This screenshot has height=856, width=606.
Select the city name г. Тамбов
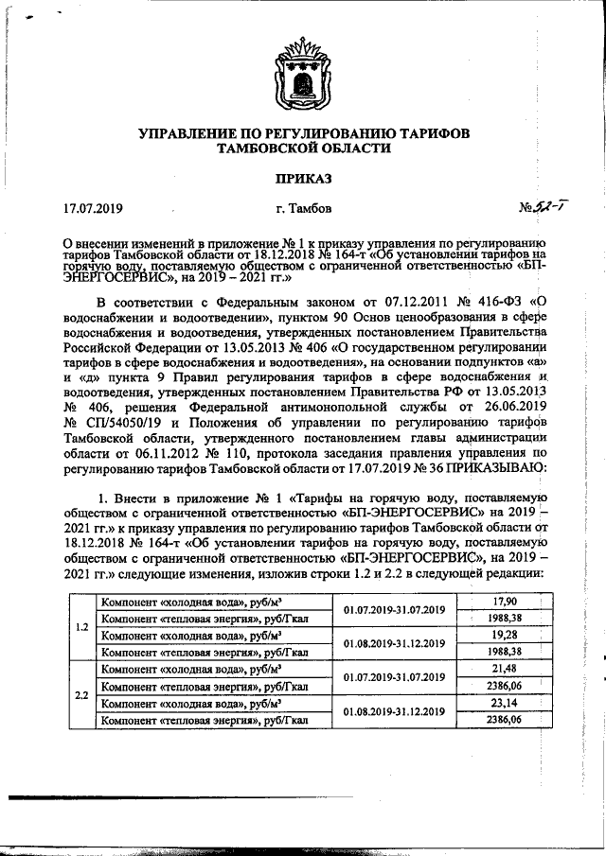[x=302, y=207]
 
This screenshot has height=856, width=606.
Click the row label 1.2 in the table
[x=80, y=626]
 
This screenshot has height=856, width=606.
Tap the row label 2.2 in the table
[x=80, y=694]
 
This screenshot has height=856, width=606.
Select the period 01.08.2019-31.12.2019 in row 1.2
[x=394, y=643]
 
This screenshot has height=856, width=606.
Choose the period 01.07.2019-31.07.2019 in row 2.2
[x=394, y=677]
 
